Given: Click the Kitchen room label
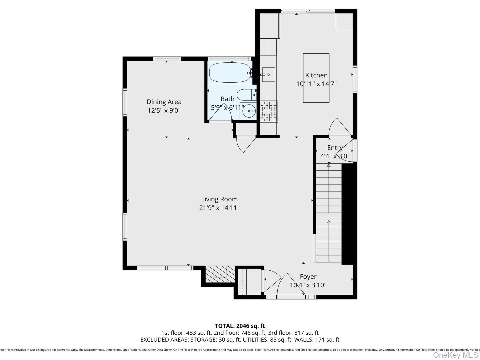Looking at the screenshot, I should tap(316, 75).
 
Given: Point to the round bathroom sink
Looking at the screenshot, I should tap(249, 111).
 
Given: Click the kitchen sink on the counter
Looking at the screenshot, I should tap(268, 75).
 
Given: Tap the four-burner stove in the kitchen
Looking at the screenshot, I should tap(269, 111).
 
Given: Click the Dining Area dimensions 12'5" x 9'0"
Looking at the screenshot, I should tap(164, 110).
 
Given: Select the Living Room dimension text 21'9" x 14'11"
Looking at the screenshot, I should tap(219, 208).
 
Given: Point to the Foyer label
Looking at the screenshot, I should tap(308, 277).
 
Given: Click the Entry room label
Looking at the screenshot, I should tap(335, 148).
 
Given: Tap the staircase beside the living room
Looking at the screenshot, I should tap(328, 213).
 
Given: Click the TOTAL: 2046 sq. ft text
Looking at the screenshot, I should tap(240, 326).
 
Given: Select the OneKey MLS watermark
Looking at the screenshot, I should tap(455, 355).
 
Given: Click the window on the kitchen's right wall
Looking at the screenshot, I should tap(355, 79).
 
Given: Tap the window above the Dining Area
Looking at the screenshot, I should tap(167, 59).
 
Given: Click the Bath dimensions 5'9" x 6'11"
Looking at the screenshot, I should tap(227, 108).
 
